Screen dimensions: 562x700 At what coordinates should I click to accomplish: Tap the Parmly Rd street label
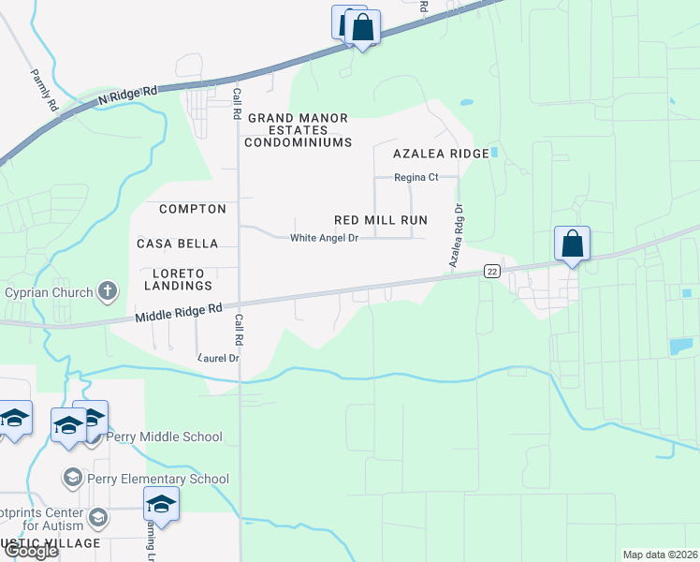[x=44, y=91]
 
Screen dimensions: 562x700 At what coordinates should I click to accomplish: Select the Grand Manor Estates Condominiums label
[x=298, y=130]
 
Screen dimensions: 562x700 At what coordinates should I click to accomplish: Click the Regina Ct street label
[x=416, y=177]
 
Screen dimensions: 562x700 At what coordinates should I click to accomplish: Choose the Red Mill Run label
[x=381, y=220]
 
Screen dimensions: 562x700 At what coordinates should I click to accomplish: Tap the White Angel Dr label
[x=324, y=238]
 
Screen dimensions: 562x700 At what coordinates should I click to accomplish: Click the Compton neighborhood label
[x=193, y=209]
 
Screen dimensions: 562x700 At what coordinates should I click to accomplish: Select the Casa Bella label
[x=178, y=244]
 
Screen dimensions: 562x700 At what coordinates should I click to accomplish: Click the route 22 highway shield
[x=491, y=271]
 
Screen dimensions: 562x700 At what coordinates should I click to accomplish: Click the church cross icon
[x=108, y=291]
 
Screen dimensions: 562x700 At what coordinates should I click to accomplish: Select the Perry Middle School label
[x=164, y=436]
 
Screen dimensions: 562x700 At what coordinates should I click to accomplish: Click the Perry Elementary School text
[x=157, y=479]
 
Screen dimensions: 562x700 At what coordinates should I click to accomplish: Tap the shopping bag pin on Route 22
[x=572, y=244]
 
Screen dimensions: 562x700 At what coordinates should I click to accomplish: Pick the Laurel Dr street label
[x=219, y=358]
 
